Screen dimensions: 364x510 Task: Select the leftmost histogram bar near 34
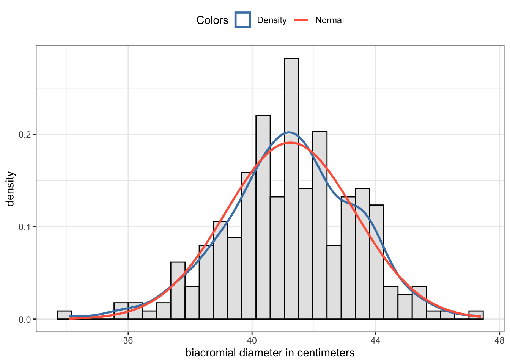coord(64,315)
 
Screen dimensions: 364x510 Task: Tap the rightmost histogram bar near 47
coord(476,315)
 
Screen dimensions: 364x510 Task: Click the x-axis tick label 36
coord(128,340)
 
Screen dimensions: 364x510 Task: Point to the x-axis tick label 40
coord(252,340)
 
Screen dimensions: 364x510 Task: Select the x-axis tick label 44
coord(376,340)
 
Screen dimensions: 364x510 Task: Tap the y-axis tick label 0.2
coord(25,135)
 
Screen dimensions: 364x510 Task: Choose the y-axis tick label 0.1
coord(25,227)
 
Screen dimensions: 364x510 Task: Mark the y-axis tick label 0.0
coord(25,319)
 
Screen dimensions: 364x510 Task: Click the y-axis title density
coord(11,189)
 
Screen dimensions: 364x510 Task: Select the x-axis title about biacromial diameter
coord(270,353)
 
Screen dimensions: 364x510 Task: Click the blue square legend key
coord(243,20)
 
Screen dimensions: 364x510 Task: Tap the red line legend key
coord(301,20)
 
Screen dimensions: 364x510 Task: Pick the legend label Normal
coord(329,20)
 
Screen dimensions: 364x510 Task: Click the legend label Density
coord(272,20)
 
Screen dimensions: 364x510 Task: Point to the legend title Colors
coord(212,20)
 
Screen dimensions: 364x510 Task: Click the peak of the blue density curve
coord(289,132)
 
